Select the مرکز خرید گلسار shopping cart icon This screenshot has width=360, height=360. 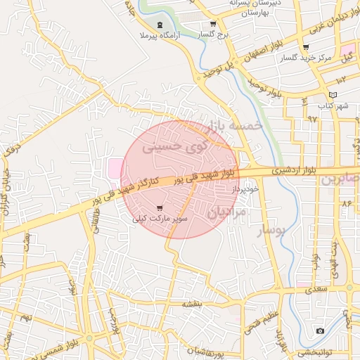click(305, 48)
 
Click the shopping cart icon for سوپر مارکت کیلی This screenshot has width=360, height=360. click(160, 208)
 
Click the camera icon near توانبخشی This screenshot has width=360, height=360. click(321, 330)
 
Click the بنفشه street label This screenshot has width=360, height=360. click(192, 304)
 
